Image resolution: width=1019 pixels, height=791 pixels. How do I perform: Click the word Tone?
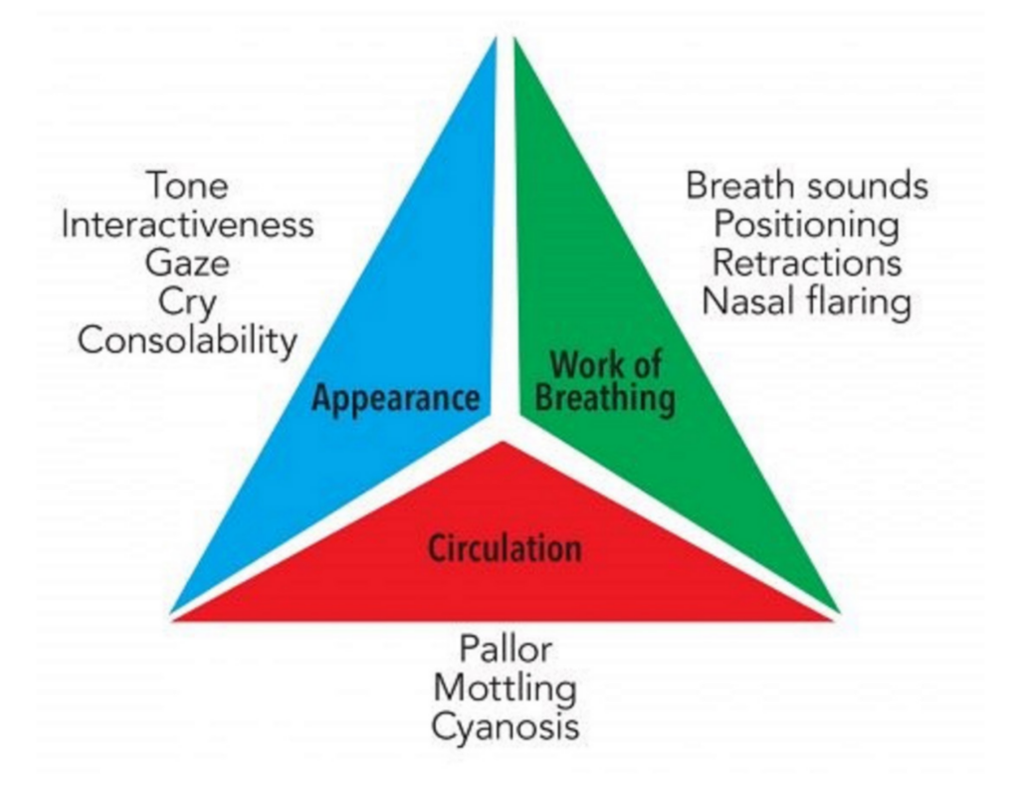pos(187,186)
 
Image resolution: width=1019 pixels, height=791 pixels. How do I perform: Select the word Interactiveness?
pos(187,225)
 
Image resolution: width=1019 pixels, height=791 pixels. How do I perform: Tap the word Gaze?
pos(187,263)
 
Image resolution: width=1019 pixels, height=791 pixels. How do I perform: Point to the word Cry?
pos(187,301)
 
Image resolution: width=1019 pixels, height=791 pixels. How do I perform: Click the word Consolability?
pos(187,340)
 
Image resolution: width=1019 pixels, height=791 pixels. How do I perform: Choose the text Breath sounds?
pos(807,186)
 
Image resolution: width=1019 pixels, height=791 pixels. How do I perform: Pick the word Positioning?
pos(807,225)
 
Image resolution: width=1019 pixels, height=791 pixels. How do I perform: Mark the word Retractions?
pos(807,263)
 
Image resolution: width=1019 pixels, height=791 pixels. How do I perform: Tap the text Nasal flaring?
pos(807,301)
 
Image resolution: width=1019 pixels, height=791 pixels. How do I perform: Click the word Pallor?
pos(506,650)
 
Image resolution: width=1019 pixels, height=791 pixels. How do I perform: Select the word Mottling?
pos(506,688)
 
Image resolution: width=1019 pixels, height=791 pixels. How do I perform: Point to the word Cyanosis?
pos(506,726)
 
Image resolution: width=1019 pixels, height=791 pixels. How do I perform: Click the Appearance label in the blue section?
pos(395,398)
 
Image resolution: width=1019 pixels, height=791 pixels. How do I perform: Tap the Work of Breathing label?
pos(606,383)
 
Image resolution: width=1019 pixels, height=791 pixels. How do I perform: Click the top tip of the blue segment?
pos(494,42)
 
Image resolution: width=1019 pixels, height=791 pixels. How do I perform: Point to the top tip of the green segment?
pos(515,42)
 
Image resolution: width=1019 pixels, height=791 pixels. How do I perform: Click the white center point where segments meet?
pos(505,423)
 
